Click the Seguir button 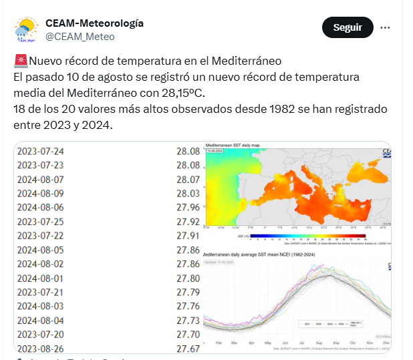tap(348, 27)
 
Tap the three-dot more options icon tap(385, 27)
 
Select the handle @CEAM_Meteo tap(80, 37)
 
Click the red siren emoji tap(20, 61)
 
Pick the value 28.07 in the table tap(188, 179)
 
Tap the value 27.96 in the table tap(188, 207)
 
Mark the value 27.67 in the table tap(188, 348)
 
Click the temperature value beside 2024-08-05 tap(188, 249)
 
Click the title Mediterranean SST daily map tap(237, 144)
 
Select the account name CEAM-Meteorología tap(94, 23)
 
